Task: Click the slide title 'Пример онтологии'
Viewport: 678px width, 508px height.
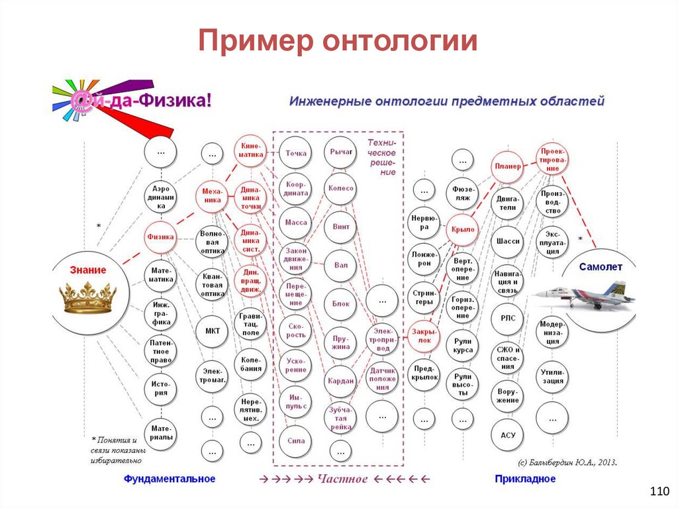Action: pyautogui.click(x=338, y=41)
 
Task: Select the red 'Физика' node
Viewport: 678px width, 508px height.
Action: pyautogui.click(x=161, y=236)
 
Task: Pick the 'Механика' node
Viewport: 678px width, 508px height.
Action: pyautogui.click(x=212, y=195)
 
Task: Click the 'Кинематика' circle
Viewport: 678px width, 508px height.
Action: pyautogui.click(x=250, y=150)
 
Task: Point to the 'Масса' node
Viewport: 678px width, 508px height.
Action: pyautogui.click(x=296, y=223)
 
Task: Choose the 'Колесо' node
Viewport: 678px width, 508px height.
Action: pyautogui.click(x=340, y=188)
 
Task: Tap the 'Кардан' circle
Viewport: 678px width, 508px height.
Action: pyautogui.click(x=340, y=381)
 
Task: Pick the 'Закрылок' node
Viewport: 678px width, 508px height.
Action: pyautogui.click(x=424, y=335)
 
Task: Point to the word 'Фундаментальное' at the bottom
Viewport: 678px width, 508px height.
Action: pyautogui.click(x=169, y=478)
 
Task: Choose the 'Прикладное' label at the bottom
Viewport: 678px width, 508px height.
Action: pyautogui.click(x=524, y=478)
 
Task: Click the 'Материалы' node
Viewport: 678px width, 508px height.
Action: pyautogui.click(x=161, y=432)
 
